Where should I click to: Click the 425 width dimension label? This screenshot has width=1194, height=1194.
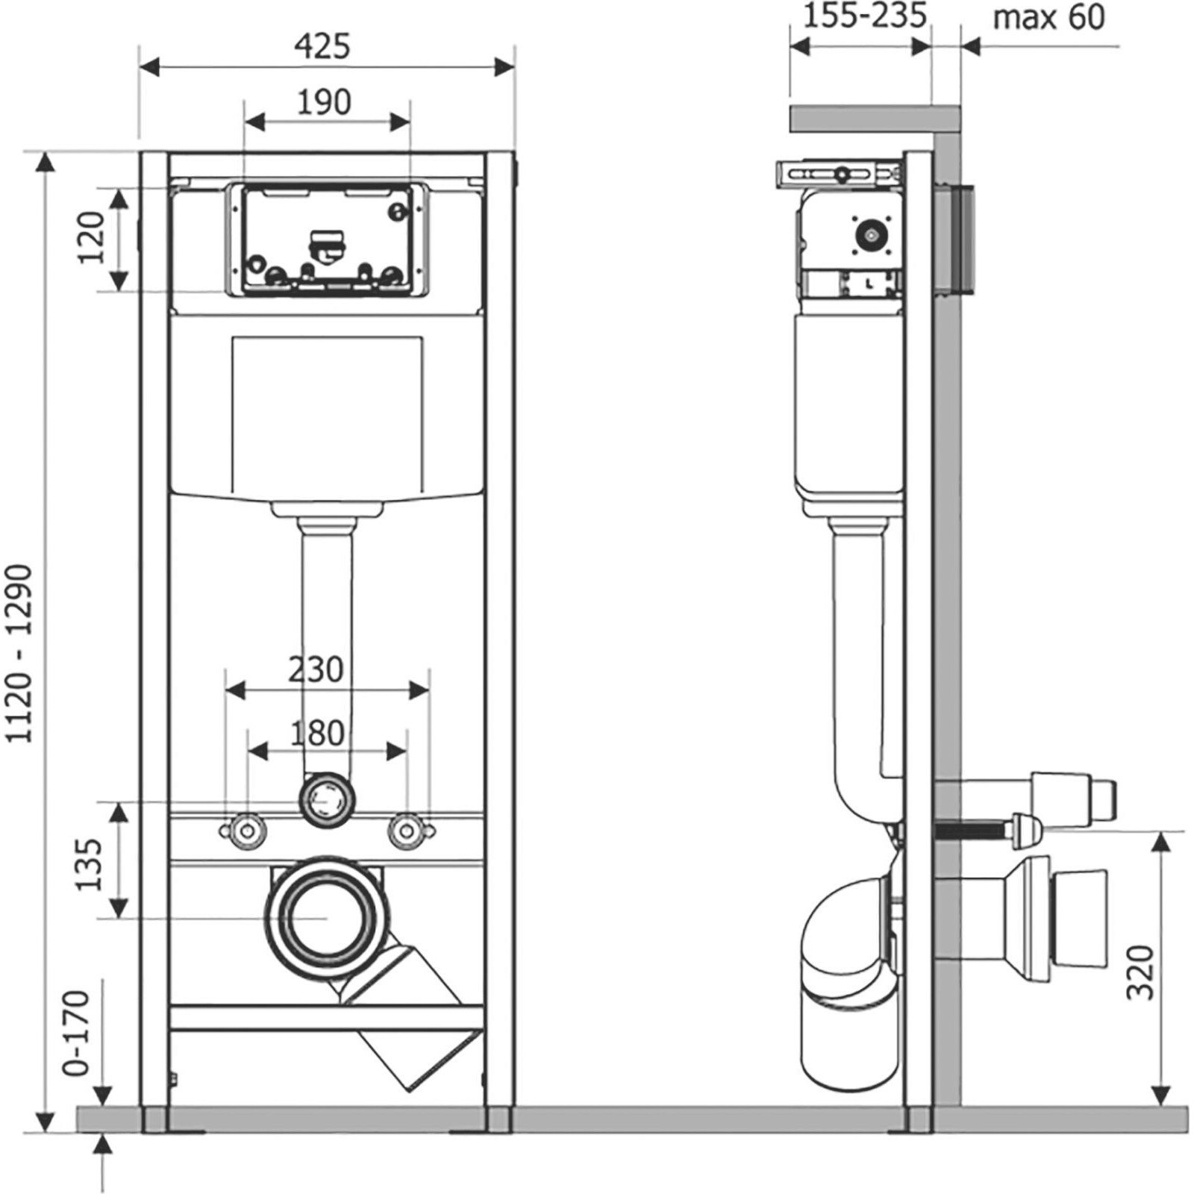pyautogui.click(x=322, y=46)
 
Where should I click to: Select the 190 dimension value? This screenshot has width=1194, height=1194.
pyautogui.click(x=324, y=102)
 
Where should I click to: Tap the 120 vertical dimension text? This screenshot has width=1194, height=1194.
pyautogui.click(x=92, y=238)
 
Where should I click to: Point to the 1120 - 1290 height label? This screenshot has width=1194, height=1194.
pyautogui.click(x=19, y=654)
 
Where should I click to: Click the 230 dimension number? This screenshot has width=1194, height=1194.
pyautogui.click(x=316, y=669)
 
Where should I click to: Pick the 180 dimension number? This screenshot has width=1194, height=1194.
pyautogui.click(x=317, y=733)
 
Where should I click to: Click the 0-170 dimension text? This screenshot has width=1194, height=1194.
pyautogui.click(x=77, y=1033)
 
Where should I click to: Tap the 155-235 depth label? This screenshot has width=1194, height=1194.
pyautogui.click(x=864, y=16)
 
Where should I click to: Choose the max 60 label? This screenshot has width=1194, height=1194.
pyautogui.click(x=1048, y=17)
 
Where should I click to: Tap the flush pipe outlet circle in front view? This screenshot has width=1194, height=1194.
pyautogui.click(x=326, y=800)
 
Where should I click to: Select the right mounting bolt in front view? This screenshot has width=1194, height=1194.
pyautogui.click(x=407, y=831)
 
